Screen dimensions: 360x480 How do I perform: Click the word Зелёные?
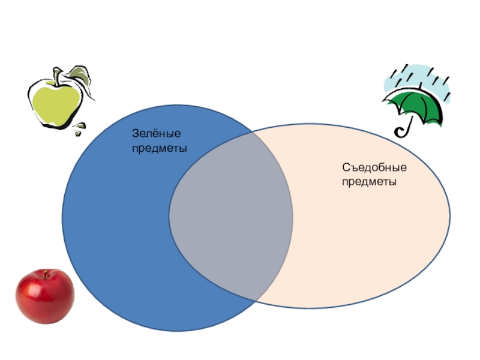point(157,135)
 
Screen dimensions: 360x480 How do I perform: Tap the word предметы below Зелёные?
point(159,148)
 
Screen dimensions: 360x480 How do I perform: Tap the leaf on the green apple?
point(79,75)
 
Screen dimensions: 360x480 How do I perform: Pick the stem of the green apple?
point(57,76)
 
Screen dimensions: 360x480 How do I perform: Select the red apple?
point(44,296)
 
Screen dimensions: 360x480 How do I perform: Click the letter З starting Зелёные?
point(135,135)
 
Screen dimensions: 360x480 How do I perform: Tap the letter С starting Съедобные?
point(346,168)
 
